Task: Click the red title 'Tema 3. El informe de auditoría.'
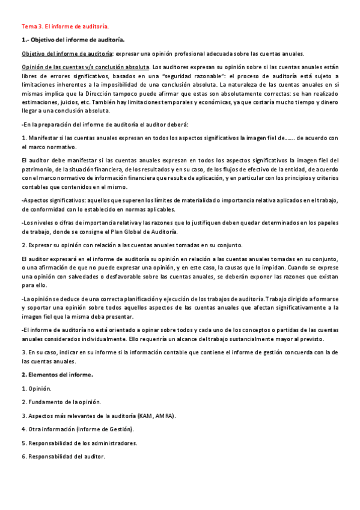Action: coord(65,26)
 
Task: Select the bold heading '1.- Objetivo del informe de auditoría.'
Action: coord(73,40)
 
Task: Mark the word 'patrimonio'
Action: coord(39,170)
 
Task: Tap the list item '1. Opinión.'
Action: coord(37,388)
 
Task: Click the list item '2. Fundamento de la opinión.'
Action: coord(61,402)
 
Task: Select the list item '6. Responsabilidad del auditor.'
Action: coord(63,456)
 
